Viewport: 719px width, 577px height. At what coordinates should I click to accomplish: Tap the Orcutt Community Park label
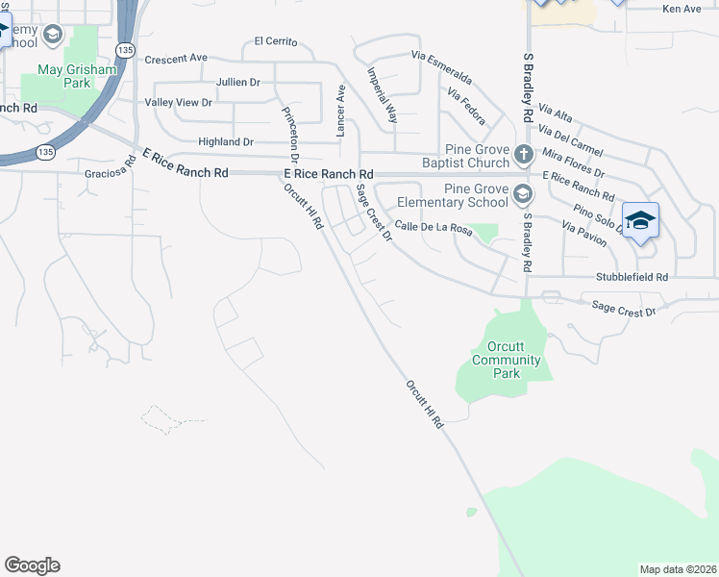coord(496,360)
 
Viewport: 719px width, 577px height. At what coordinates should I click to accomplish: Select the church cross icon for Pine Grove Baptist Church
coord(523,154)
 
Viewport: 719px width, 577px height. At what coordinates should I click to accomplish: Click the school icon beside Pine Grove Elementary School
coord(522,195)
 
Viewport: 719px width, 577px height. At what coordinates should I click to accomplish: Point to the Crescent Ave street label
coord(176,59)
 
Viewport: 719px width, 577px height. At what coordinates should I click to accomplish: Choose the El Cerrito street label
coord(276,42)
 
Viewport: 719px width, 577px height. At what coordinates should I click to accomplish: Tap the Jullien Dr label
coord(238,83)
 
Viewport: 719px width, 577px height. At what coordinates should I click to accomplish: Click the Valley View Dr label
coord(178,102)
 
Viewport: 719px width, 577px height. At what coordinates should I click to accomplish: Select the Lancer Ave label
coord(339,109)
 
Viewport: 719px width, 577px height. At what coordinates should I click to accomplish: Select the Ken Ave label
coord(682,9)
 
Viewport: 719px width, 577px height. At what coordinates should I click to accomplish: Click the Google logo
coord(32,565)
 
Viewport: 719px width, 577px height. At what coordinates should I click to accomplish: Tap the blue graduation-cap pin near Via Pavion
coord(640,222)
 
